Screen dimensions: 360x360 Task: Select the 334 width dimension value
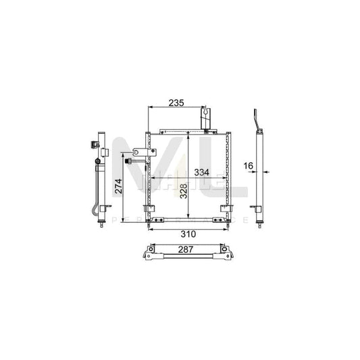(201, 172)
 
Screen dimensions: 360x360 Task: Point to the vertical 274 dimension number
(119, 186)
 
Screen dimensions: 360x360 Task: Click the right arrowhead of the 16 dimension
(264, 172)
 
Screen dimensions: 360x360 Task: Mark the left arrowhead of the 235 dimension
(150, 107)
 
